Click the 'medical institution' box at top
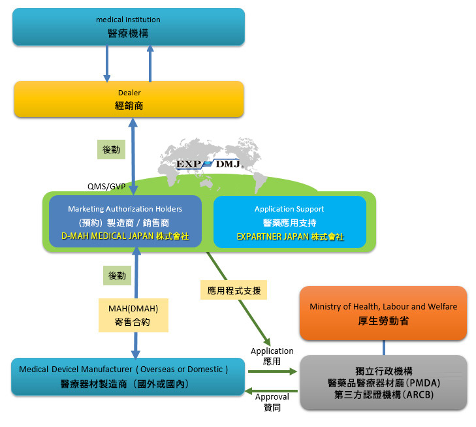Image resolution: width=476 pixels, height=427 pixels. coord(129,27)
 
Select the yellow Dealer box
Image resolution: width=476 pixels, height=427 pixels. coord(129,99)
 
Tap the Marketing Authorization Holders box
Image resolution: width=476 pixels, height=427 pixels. coord(125,221)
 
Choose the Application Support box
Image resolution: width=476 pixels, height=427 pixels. coord(290,222)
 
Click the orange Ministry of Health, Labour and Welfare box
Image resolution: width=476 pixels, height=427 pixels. coord(383,313)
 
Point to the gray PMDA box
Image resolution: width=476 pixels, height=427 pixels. coord(384,383)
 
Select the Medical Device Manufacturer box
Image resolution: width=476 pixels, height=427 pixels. coord(128,377)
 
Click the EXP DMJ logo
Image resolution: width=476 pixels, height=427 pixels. coord(208,164)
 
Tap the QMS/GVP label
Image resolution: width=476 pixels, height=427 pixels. coord(106,186)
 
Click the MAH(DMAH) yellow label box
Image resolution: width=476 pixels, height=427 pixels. coord(133,315)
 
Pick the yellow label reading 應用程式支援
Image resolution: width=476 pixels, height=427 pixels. coord(234,290)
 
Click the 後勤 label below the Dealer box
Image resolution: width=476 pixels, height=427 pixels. coord(111,150)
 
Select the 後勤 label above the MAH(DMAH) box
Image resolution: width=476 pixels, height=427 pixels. coord(117,276)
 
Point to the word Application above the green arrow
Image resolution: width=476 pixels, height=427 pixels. coord(272,351)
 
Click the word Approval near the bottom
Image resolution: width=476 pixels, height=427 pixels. coord(272,397)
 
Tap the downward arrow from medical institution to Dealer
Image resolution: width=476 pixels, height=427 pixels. coord(107,64)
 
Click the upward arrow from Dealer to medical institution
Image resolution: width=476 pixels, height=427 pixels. coord(150,64)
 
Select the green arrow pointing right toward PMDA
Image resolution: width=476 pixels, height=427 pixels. coord(273,372)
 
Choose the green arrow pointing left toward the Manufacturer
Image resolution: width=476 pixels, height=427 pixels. coord(271,391)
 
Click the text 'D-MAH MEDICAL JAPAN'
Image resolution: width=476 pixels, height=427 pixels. coord(108,236)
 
